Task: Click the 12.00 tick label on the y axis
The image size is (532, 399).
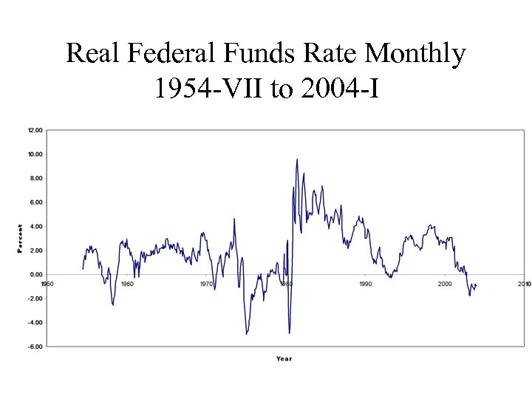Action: click(x=35, y=130)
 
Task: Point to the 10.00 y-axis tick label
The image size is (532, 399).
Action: click(x=35, y=154)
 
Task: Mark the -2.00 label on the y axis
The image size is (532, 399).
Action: click(x=35, y=299)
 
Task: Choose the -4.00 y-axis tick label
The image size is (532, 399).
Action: click(x=35, y=322)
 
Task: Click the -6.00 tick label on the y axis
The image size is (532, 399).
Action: click(x=35, y=347)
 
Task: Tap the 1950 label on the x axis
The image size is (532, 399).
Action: click(x=47, y=284)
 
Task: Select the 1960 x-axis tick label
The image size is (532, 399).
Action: click(x=127, y=284)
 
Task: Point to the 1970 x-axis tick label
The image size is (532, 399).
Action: click(x=206, y=284)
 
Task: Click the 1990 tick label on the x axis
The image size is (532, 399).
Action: click(x=365, y=284)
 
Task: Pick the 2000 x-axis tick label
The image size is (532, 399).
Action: click(x=445, y=284)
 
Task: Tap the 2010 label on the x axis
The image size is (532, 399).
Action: click(x=524, y=284)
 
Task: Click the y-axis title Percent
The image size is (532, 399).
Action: click(x=20, y=239)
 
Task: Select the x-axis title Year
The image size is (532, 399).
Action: click(x=284, y=359)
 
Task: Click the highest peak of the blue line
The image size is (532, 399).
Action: click(x=297, y=160)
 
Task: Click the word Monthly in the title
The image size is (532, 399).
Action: click(x=415, y=53)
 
